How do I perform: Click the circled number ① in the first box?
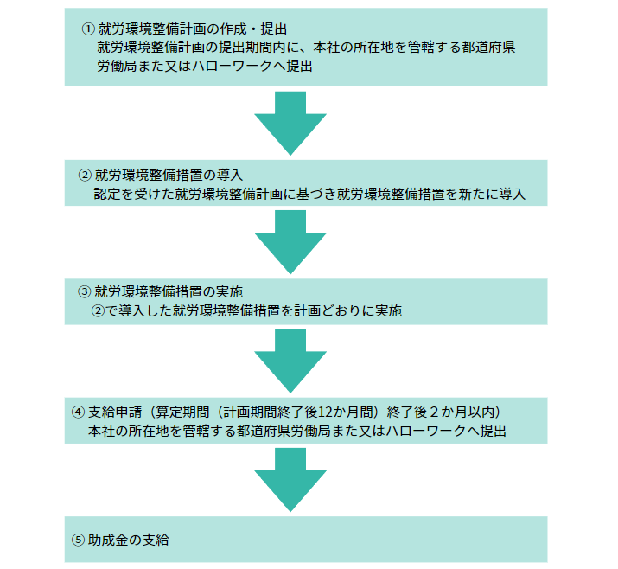pos(88,29)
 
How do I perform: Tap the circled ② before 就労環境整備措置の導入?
pos(85,175)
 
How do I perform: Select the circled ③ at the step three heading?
pos(85,291)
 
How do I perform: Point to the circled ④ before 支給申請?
pos(78,412)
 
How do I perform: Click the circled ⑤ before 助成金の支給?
pos(78,540)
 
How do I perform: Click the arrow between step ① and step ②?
pos(290,123)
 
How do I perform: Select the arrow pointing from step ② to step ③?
pos(290,242)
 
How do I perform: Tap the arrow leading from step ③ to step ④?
pos(290,361)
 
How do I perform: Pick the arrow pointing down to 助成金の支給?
pos(290,480)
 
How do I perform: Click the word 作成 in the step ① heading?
pos(233,29)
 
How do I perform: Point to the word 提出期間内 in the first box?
pos(252,48)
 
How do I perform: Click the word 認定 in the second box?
pos(107,194)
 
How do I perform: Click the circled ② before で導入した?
pos(99,311)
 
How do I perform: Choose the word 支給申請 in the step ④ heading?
pos(115,412)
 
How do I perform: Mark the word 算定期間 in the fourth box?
pos(183,412)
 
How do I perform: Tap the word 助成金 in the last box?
pos(108,540)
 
